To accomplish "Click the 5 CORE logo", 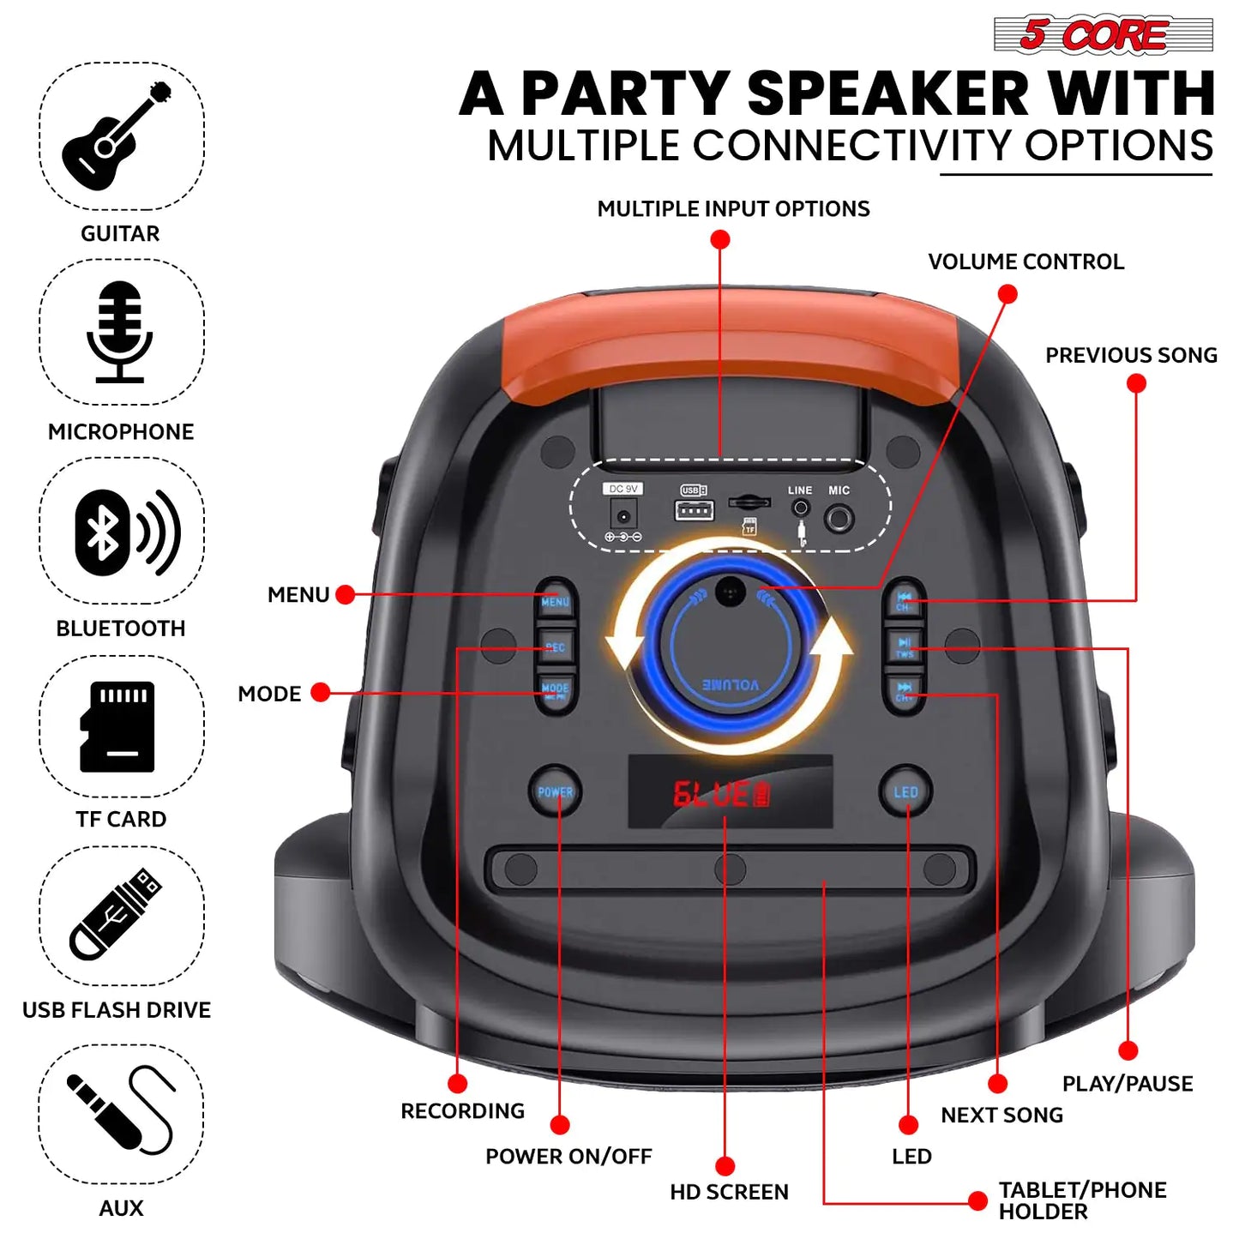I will click(x=1103, y=35).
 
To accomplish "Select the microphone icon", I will click(x=120, y=332).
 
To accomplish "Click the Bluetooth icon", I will click(x=127, y=532).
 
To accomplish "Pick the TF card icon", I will click(x=118, y=726).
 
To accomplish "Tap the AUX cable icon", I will click(x=120, y=1112).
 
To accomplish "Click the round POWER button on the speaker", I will click(x=555, y=792).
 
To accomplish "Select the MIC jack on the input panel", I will click(x=839, y=518).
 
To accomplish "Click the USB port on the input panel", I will click(x=695, y=512).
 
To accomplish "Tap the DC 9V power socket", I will click(x=623, y=516).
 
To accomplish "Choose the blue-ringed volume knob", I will click(x=730, y=645).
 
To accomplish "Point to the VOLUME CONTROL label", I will click(x=1025, y=262).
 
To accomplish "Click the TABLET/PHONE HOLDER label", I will click(x=1082, y=1200).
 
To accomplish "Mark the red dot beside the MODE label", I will click(x=321, y=693).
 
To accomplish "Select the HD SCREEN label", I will click(x=729, y=1192).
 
